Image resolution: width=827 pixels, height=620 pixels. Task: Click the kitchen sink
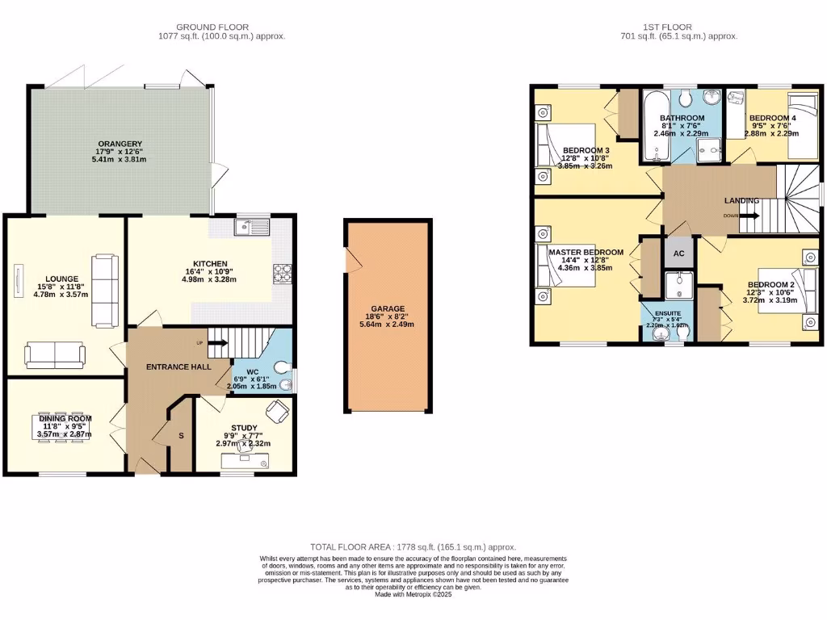click(x=252, y=228)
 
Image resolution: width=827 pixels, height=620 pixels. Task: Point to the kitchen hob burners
click(x=283, y=274)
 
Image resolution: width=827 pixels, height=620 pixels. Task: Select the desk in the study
click(x=246, y=460)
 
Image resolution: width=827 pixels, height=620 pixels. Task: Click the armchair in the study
click(x=279, y=412)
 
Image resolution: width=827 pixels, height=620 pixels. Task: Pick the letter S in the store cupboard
click(x=181, y=436)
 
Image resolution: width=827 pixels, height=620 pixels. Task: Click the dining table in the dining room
click(x=65, y=426)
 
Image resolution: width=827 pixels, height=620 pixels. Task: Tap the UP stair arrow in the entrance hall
click(x=219, y=344)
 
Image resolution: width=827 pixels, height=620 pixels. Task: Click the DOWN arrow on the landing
click(x=748, y=216)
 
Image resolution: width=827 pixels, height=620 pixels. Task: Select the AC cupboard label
click(x=679, y=253)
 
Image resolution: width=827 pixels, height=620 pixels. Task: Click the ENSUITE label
click(x=668, y=312)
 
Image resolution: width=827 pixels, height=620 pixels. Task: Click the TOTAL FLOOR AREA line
click(x=413, y=547)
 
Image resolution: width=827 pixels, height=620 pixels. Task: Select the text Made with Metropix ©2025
click(x=413, y=594)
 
